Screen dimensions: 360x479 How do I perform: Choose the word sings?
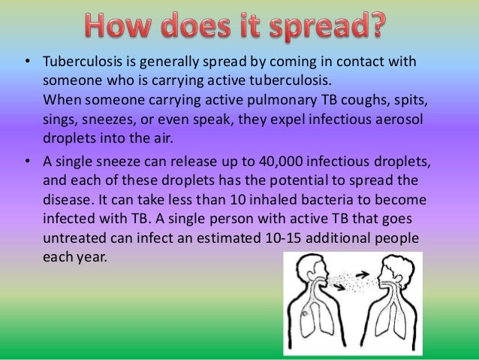(61, 119)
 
